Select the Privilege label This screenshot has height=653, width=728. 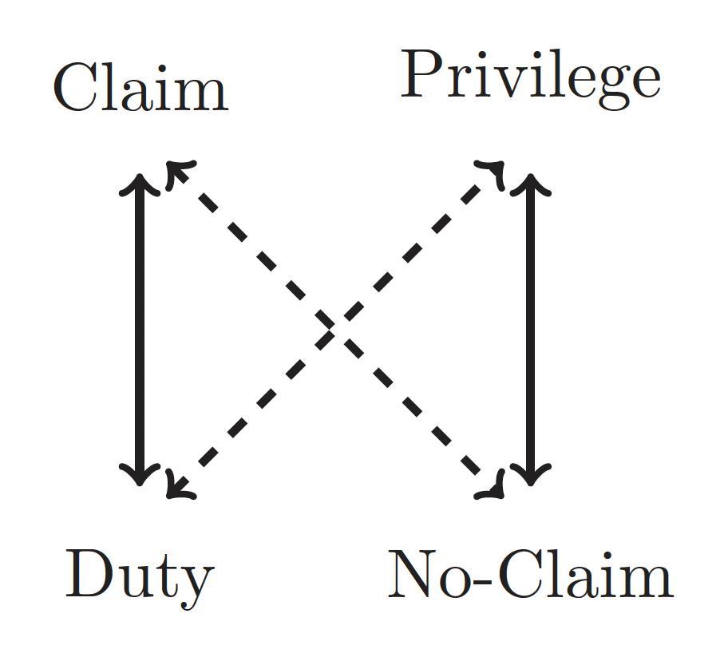[530, 77]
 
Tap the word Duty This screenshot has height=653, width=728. [140, 575]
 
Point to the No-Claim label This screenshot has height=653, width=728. [530, 575]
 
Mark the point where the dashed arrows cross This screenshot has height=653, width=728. [335, 328]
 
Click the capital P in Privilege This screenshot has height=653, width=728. [423, 75]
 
